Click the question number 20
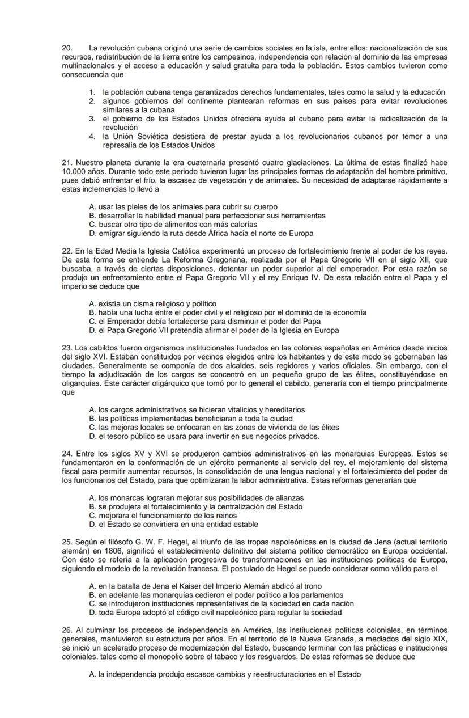(x=67, y=48)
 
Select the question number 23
(x=67, y=348)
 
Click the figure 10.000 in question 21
(x=73, y=171)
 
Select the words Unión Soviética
(x=138, y=136)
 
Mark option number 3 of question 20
(x=91, y=119)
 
